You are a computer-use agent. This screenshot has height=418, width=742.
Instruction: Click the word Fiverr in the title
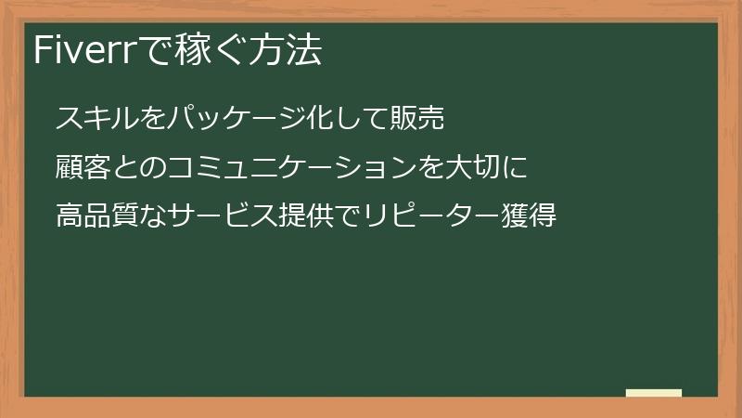(83, 51)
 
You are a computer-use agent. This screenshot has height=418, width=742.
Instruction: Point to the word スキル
(96, 120)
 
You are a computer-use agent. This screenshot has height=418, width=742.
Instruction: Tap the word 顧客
(83, 168)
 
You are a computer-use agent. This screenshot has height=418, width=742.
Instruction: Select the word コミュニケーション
(298, 168)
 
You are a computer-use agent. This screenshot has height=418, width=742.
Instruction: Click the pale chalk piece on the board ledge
(654, 393)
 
